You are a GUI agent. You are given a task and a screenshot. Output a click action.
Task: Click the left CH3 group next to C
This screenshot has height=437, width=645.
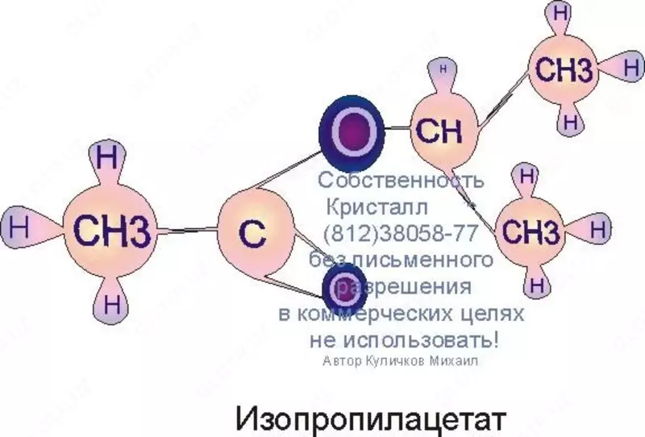(x=112, y=231)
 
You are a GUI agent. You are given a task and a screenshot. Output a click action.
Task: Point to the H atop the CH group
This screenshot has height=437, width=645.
(x=442, y=71)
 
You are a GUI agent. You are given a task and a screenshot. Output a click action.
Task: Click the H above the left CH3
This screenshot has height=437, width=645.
(x=106, y=156)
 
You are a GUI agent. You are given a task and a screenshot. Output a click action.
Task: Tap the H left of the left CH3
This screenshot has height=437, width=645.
(x=20, y=227)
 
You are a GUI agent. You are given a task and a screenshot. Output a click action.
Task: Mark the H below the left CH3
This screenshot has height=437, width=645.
(x=112, y=306)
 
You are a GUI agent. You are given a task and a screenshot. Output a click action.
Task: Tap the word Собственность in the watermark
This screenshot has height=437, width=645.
(x=401, y=180)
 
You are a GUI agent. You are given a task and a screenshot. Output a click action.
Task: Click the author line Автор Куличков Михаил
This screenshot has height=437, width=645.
(x=399, y=362)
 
